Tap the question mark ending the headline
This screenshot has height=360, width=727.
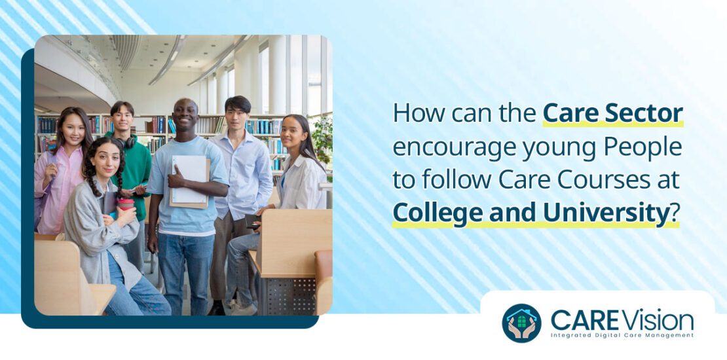[673, 214]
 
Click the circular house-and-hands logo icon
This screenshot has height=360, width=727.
[521, 323]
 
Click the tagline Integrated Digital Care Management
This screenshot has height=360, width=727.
[622, 335]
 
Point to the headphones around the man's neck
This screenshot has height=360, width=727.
[126, 141]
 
